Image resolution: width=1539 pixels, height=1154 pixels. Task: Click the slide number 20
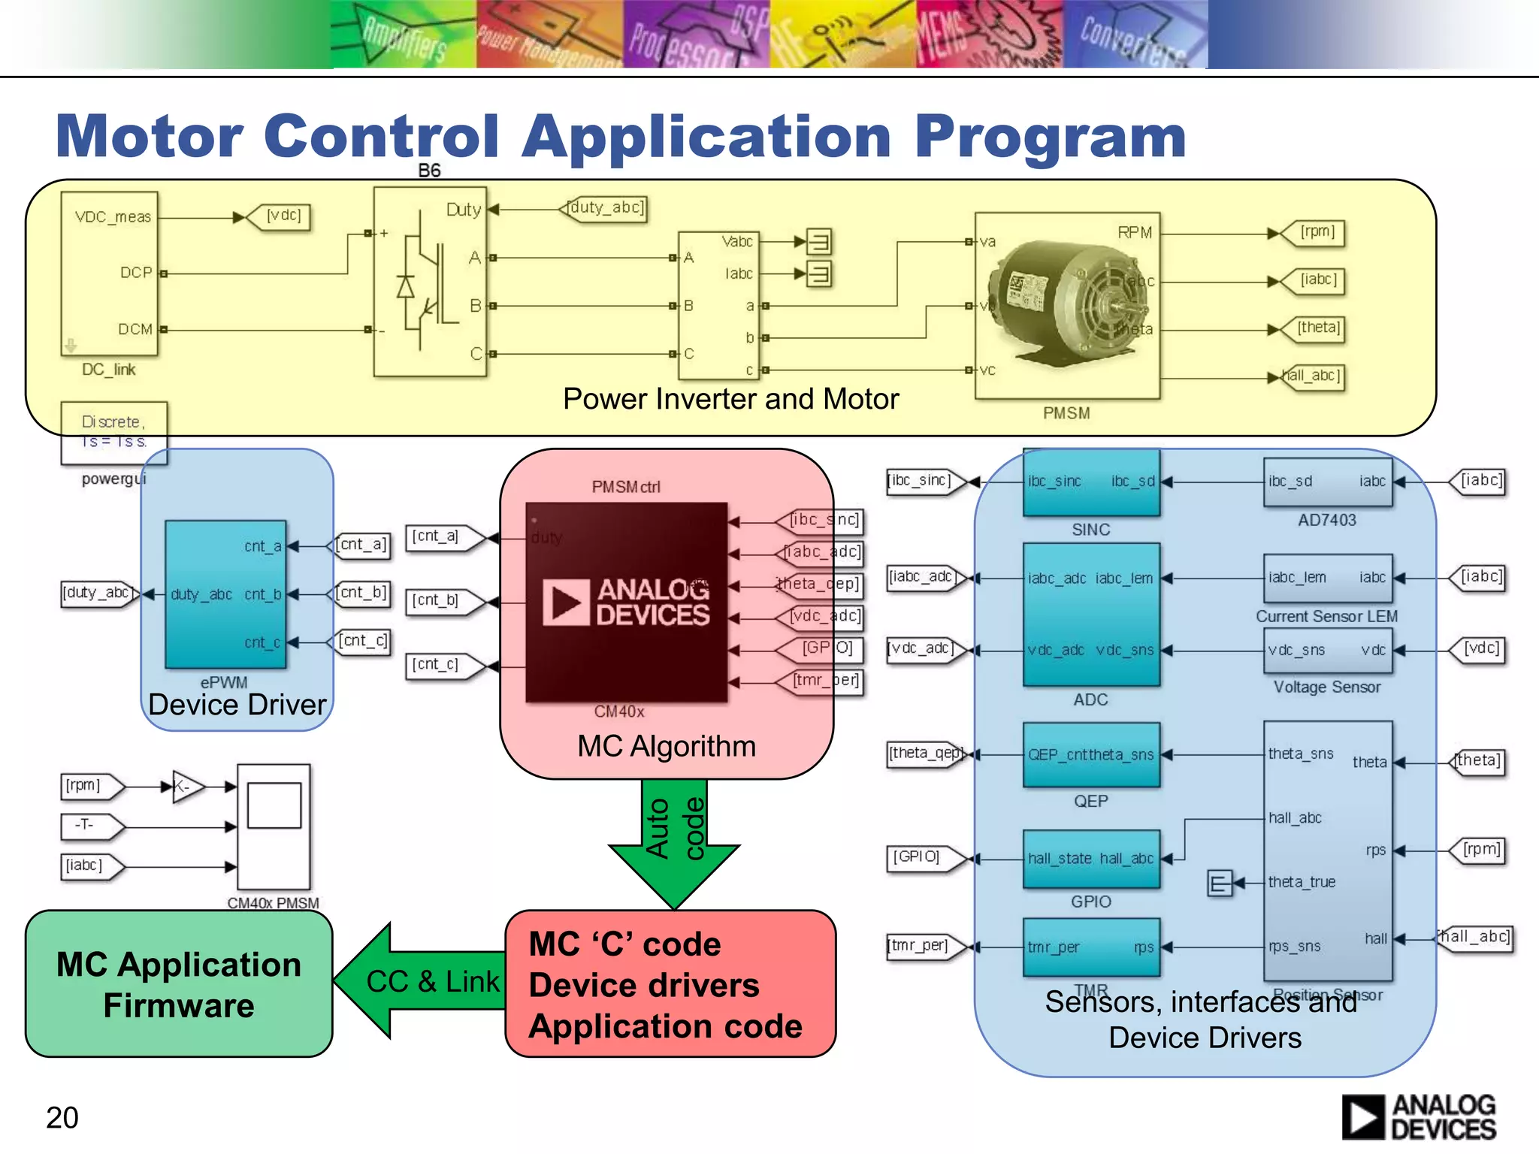[x=62, y=1117]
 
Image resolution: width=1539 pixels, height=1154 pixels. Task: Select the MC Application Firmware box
[x=179, y=984]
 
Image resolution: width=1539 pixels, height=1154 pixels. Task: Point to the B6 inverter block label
[x=429, y=171]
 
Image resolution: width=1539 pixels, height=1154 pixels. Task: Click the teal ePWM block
[x=225, y=594]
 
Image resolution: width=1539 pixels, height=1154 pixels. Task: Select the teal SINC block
[x=1091, y=482]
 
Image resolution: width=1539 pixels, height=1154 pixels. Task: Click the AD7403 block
[x=1327, y=482]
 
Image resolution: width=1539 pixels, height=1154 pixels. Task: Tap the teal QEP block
[x=1091, y=754]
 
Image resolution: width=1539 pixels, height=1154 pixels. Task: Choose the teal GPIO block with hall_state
[x=1091, y=859]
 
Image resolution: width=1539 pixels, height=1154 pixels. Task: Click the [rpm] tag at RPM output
[x=1317, y=232]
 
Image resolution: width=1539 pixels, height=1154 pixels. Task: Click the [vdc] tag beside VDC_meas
[x=283, y=216]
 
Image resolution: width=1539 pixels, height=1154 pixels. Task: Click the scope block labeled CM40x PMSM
[x=274, y=826]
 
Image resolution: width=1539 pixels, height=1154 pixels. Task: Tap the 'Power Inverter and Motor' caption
[x=730, y=399]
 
